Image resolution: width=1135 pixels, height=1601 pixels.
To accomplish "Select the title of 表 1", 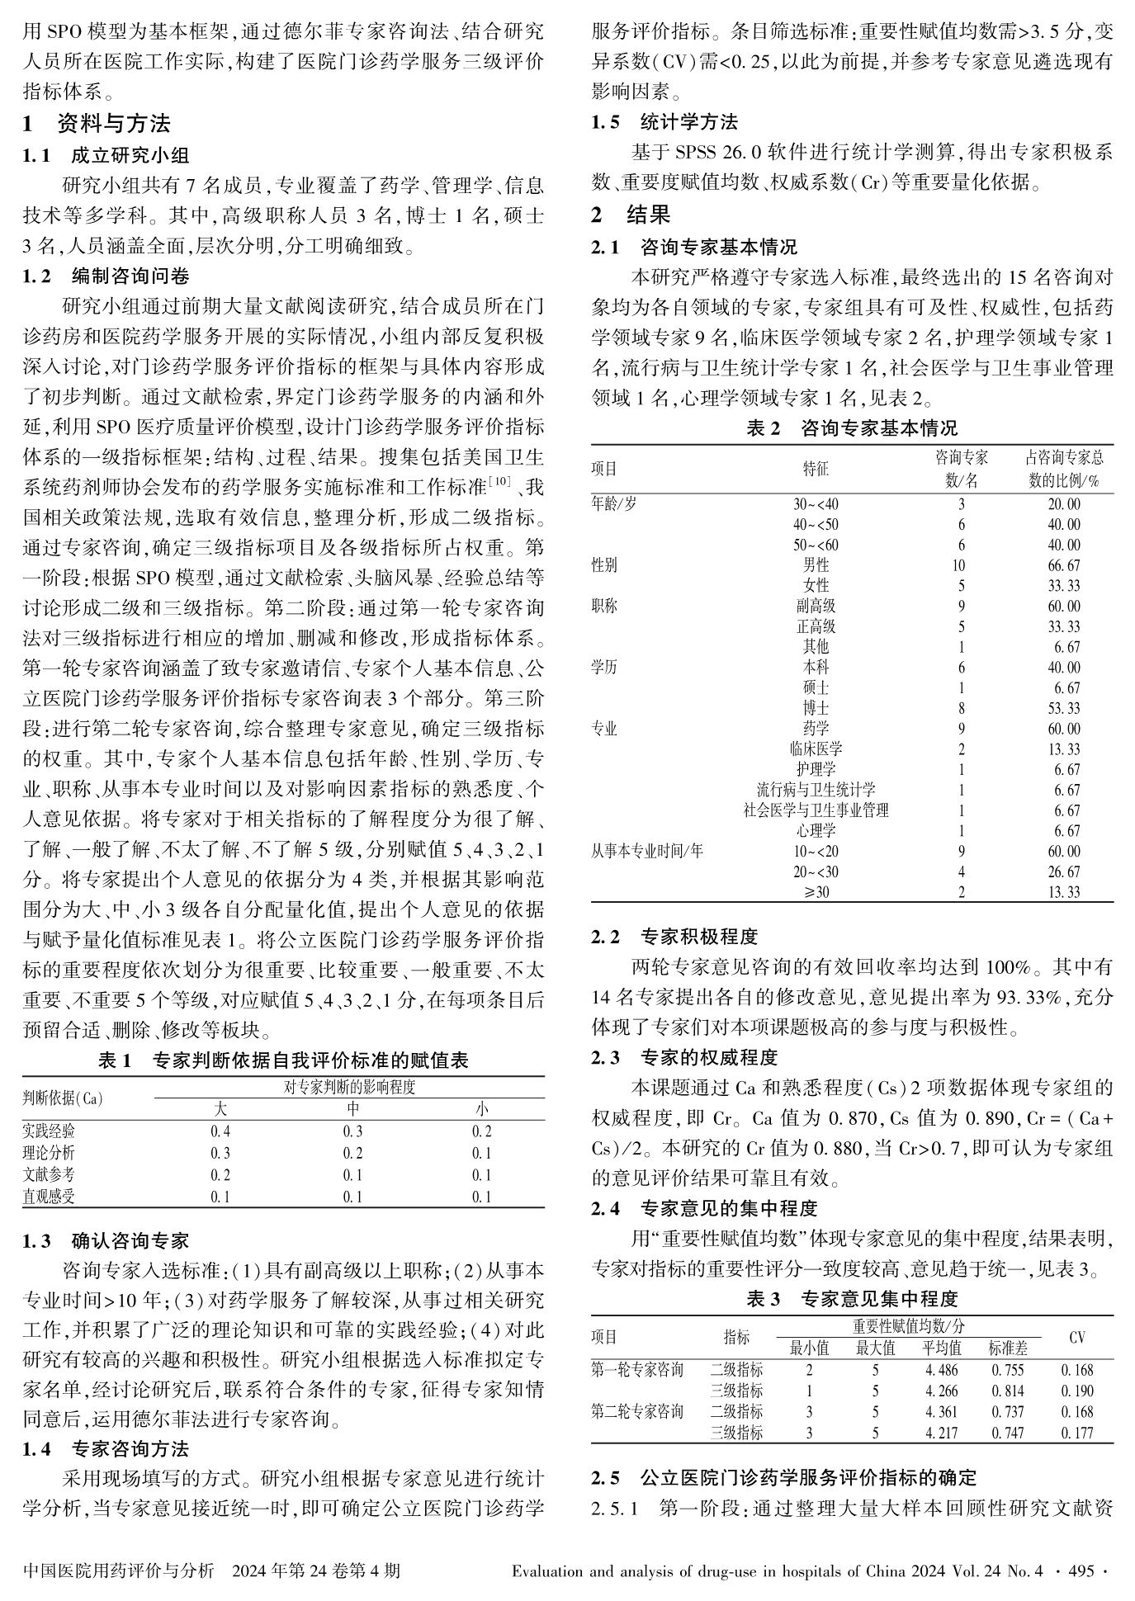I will [283, 1060].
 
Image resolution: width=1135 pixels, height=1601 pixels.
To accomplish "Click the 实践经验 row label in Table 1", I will [49, 1131].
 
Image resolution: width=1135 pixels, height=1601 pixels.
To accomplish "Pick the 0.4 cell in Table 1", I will [220, 1131].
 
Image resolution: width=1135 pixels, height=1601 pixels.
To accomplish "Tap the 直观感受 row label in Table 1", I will [49, 1197].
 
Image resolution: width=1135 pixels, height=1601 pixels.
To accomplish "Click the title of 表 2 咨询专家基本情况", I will [852, 427].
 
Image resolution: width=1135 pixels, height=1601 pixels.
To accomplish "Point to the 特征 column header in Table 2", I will [816, 469].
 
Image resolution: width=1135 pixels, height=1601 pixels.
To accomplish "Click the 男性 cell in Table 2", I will [816, 565].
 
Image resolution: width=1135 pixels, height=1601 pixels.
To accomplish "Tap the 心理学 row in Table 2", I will [816, 830].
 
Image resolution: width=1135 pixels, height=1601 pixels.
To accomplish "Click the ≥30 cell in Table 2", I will [816, 891].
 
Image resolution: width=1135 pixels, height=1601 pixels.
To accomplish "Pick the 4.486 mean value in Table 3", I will [941, 1370].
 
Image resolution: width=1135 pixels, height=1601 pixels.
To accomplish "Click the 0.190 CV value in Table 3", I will [1076, 1391].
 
